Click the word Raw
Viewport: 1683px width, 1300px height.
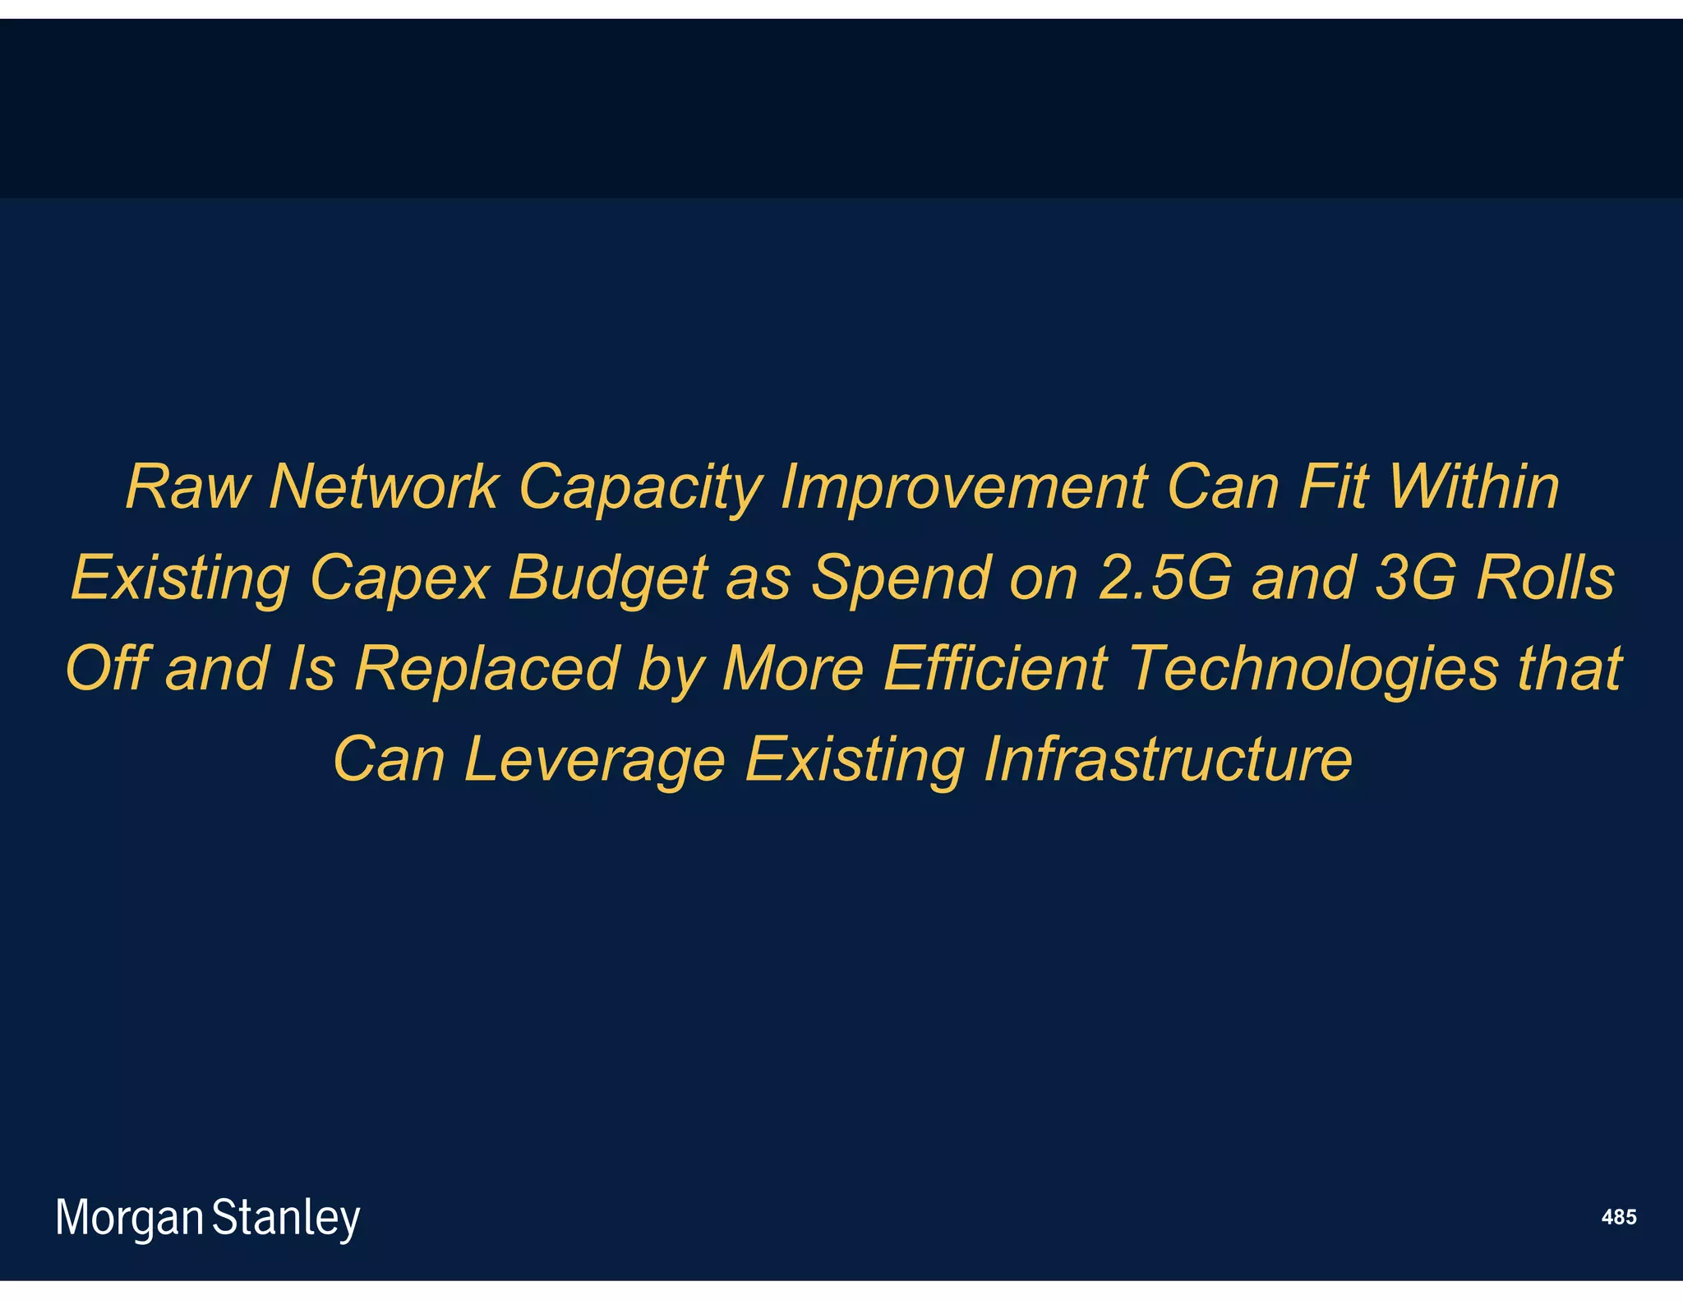coord(187,487)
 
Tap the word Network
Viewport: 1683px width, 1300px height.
coord(384,487)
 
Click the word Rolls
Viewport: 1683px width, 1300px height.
coord(1545,578)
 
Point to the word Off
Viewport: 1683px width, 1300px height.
coord(107,668)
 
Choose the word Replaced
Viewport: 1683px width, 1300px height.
coord(486,668)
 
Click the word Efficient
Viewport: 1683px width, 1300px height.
coord(995,668)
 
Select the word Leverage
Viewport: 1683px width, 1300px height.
coord(594,760)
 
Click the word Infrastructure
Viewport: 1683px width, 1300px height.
coord(1167,758)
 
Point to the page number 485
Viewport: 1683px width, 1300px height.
coord(1618,1217)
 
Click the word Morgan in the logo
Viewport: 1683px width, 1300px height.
coord(129,1219)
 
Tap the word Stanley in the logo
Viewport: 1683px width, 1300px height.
coord(286,1219)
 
